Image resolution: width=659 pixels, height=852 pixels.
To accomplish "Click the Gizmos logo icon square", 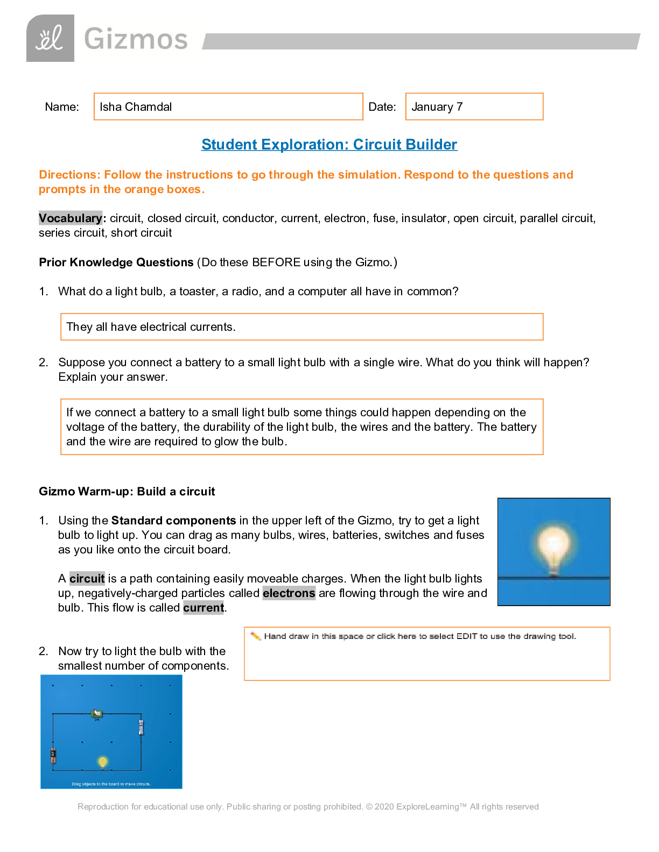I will click(50, 38).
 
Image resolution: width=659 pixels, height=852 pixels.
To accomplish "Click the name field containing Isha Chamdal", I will click(228, 106).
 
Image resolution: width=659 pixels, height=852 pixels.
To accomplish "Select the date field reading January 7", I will click(474, 106).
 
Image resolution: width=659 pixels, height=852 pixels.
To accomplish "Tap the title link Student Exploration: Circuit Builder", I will click(329, 145).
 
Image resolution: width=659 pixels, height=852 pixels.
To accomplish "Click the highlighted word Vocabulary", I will click(70, 218).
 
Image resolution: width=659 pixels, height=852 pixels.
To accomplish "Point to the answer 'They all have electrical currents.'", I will click(151, 327).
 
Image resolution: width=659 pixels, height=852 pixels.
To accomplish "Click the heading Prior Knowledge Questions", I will click(116, 262).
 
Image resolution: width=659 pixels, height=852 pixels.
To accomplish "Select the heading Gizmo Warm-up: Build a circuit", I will click(127, 492).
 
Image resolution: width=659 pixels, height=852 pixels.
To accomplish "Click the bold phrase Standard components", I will click(173, 521).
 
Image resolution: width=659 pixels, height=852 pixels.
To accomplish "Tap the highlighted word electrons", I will click(289, 593).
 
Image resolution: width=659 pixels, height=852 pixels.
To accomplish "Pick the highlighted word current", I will click(203, 608).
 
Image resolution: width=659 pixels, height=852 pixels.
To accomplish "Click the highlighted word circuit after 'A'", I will click(87, 579).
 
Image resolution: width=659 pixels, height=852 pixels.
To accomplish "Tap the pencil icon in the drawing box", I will click(256, 636).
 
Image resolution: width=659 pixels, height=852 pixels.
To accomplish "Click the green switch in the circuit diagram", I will click(97, 714).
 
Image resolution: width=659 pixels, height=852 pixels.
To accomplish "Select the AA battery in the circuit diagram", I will click(53, 756).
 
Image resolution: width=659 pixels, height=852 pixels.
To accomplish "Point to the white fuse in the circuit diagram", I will click(141, 728).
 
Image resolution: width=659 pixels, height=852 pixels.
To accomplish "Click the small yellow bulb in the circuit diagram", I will click(102, 762).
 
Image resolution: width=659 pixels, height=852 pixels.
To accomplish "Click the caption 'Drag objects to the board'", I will click(111, 784).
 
